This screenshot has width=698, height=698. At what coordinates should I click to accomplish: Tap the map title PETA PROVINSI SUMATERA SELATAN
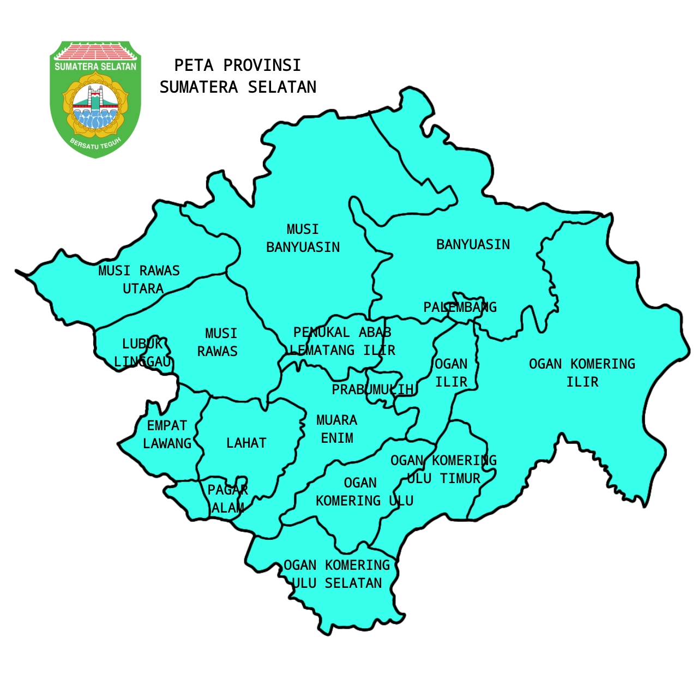tap(238, 76)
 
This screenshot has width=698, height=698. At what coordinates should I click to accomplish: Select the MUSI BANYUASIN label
tap(303, 238)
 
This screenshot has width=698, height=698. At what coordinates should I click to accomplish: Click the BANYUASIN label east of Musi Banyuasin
tap(473, 244)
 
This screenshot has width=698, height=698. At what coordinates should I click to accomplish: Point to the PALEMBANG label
tap(460, 307)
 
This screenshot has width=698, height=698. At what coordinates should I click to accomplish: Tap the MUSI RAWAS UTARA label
tap(139, 279)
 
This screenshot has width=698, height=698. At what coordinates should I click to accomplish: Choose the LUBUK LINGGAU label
tap(142, 352)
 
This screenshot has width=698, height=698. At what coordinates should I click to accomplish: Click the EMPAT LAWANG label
tap(167, 434)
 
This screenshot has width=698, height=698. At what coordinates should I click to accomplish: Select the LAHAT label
tap(246, 443)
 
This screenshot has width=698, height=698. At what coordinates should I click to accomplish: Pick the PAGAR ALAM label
tap(228, 498)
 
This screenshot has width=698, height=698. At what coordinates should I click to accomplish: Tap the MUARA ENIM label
tap(336, 429)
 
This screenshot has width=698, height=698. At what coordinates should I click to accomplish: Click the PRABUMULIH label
tap(373, 389)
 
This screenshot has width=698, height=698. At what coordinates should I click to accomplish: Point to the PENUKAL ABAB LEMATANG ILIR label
tap(342, 341)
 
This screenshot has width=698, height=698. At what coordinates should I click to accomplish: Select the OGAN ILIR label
tap(451, 372)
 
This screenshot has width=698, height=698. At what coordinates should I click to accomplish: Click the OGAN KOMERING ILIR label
tap(582, 372)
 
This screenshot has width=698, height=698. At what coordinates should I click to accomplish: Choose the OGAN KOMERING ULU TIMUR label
tap(443, 469)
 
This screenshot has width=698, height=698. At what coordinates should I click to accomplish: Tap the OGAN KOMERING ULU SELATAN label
tap(337, 574)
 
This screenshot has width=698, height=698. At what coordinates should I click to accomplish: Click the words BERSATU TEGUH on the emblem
tap(95, 145)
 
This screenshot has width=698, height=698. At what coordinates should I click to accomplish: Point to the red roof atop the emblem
tap(95, 52)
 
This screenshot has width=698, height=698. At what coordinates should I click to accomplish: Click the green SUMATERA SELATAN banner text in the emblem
tap(95, 67)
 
